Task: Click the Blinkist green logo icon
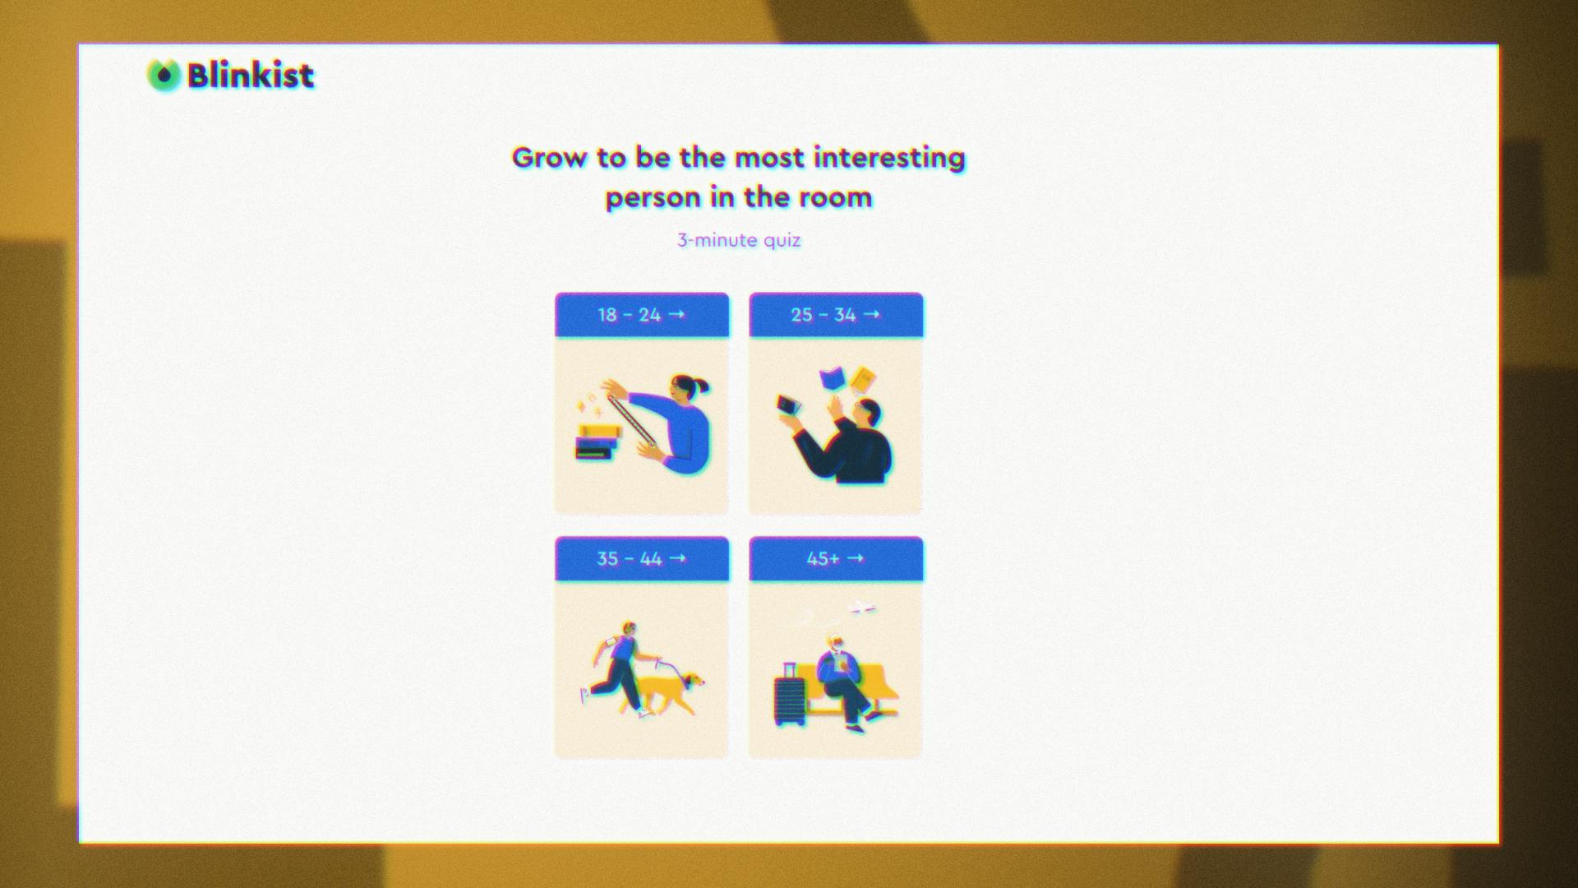[164, 75]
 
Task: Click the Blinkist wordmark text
[251, 76]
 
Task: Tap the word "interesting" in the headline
[889, 157]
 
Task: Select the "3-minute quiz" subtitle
[739, 240]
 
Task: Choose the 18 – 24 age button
[642, 315]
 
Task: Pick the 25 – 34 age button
[836, 315]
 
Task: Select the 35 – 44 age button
[642, 559]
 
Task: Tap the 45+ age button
[836, 559]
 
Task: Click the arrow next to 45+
[856, 558]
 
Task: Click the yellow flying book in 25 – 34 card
[862, 379]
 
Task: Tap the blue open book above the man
[832, 379]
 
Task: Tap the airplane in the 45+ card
[861, 608]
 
